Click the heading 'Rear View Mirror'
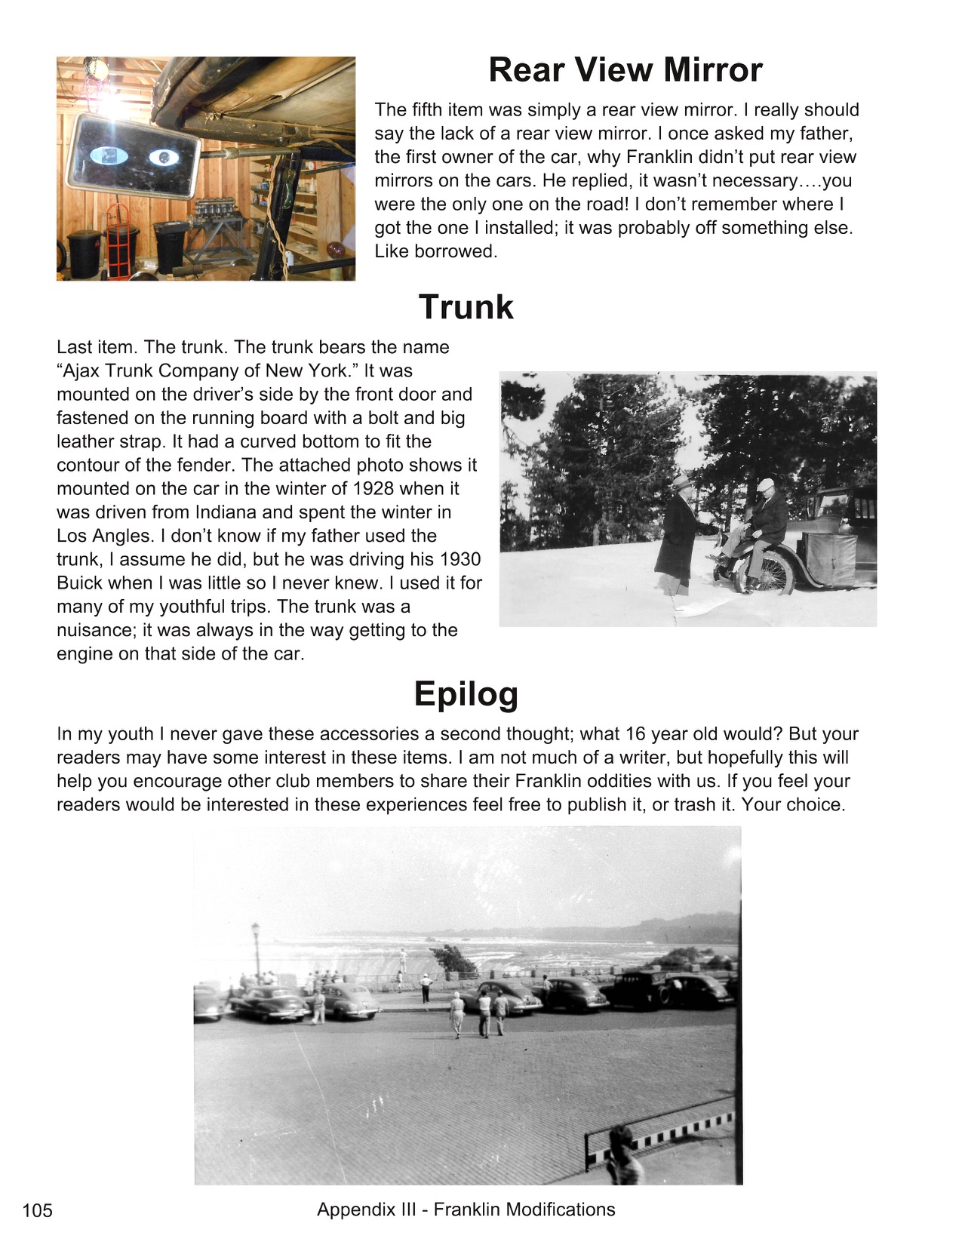pos(625,70)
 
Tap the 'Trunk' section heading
pos(466,308)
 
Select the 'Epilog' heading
pos(466,694)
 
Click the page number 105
pos(38,1211)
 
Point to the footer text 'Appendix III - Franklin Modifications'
pos(466,1210)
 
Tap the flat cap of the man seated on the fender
pos(765,484)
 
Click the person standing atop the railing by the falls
pos(403,959)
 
